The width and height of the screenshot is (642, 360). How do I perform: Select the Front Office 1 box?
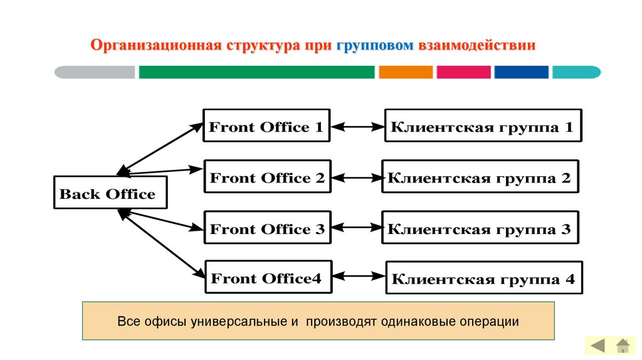tap(266, 127)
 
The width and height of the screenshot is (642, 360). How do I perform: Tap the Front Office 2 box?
tap(267, 178)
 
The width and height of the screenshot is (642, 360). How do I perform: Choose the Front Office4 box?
tap(267, 278)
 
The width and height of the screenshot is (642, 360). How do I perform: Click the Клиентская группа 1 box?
tap(483, 127)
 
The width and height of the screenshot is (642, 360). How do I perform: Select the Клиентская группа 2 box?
tap(480, 178)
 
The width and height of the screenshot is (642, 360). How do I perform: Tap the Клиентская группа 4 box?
tap(483, 279)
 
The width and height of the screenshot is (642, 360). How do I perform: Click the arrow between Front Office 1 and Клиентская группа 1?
tap(357, 127)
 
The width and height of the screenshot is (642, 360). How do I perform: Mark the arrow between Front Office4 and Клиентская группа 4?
tap(359, 276)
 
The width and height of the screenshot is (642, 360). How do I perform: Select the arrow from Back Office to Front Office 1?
tap(160, 148)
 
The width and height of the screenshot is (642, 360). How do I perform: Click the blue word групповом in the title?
tap(375, 46)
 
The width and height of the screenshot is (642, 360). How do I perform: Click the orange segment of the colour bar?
tap(406, 72)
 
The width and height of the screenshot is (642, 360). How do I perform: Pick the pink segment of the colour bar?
tap(463, 72)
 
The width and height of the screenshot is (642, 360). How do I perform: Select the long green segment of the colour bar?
tap(256, 72)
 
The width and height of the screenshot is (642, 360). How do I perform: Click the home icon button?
tap(622, 345)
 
